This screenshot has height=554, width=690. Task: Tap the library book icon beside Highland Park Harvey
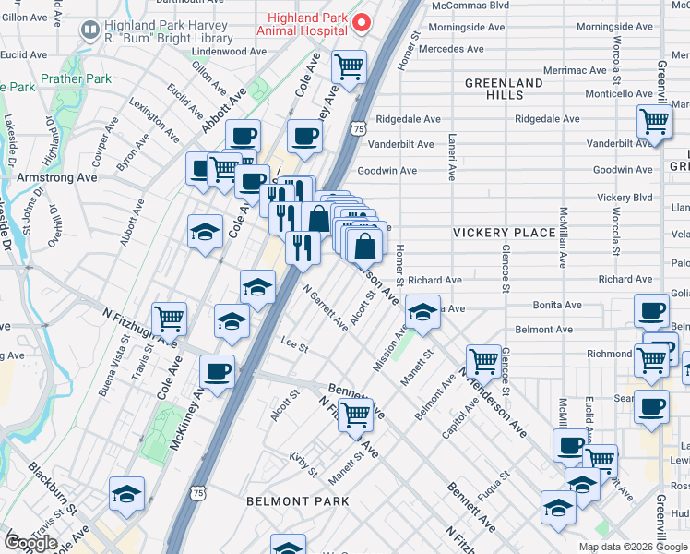pyautogui.click(x=90, y=31)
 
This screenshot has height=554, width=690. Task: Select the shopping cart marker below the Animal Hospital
pyautogui.click(x=350, y=66)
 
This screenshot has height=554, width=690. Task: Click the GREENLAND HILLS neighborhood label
pyautogui.click(x=503, y=90)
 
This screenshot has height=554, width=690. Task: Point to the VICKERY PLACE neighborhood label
pyautogui.click(x=504, y=233)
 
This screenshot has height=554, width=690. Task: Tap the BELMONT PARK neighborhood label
pyautogui.click(x=297, y=500)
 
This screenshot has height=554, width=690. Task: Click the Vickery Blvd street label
pyautogui.click(x=625, y=198)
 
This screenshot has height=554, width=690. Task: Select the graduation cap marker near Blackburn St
pyautogui.click(x=127, y=493)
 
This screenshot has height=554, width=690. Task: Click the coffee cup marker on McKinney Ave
pyautogui.click(x=218, y=372)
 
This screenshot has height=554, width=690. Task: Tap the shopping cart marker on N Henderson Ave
pyautogui.click(x=483, y=361)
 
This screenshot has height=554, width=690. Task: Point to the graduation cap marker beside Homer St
pyautogui.click(x=422, y=312)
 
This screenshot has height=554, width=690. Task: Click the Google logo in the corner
pyautogui.click(x=30, y=543)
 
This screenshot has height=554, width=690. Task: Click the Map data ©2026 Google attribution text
pyautogui.click(x=633, y=547)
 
